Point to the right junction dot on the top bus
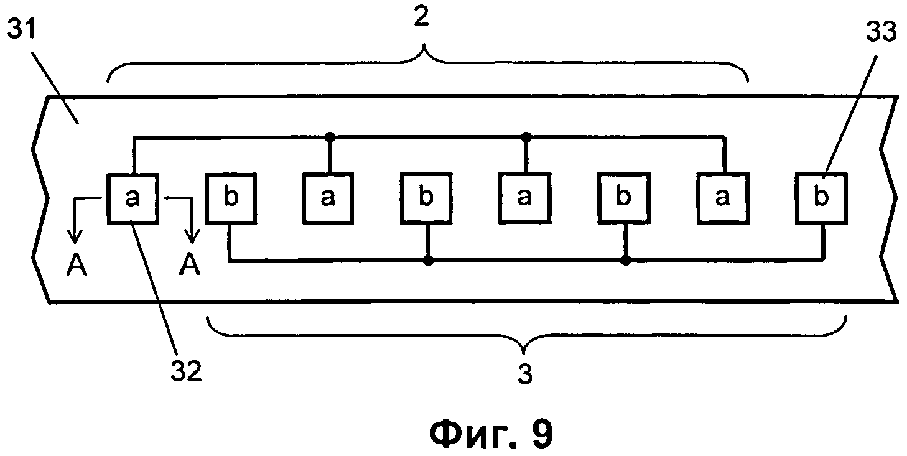(x=526, y=136)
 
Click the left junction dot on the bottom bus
(x=428, y=260)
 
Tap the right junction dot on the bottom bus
(x=625, y=260)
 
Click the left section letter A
(x=77, y=266)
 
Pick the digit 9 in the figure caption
(x=537, y=433)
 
